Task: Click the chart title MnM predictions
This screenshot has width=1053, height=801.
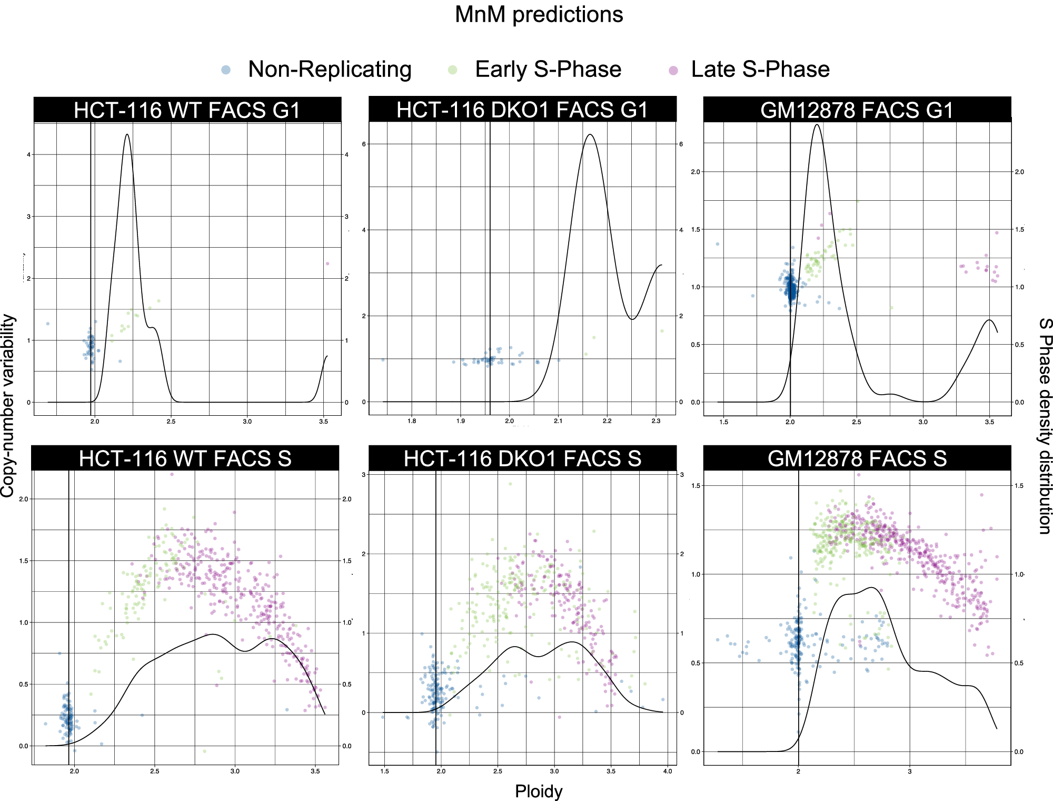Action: [x=539, y=15]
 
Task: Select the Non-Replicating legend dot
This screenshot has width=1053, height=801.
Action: [x=226, y=70]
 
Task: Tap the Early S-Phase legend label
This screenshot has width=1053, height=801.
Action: [x=548, y=70]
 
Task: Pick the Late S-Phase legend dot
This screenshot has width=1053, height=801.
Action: [x=673, y=70]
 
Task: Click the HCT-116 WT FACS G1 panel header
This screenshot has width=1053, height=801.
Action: [x=187, y=110]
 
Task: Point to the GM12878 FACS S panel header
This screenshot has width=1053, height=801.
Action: [x=857, y=458]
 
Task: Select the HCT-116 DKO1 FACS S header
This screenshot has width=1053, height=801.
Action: [x=522, y=458]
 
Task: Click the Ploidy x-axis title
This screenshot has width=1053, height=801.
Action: [x=538, y=791]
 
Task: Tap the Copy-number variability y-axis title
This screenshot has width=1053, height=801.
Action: [x=8, y=406]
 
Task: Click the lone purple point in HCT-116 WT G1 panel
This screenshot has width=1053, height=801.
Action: [x=327, y=263]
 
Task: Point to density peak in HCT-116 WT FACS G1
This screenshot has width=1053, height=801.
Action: [x=127, y=134]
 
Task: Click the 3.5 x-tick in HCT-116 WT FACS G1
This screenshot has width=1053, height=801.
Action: [x=323, y=422]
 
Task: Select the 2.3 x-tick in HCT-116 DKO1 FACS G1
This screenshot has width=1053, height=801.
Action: [x=655, y=421]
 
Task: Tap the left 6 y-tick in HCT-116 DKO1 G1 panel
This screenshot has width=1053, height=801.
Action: [x=363, y=144]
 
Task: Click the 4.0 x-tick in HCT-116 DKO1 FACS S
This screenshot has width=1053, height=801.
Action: [x=667, y=771]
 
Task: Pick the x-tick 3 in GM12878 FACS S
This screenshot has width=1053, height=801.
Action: [x=909, y=771]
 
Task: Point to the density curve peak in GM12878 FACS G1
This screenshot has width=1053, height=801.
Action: [x=817, y=125]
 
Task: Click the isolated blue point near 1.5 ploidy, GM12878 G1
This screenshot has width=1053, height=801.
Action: [x=717, y=244]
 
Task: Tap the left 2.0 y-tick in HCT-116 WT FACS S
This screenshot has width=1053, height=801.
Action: [x=23, y=499]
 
